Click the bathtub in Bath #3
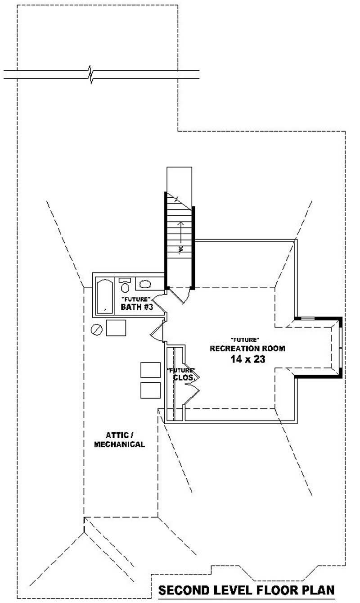click(105, 296)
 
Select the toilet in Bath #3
click(125, 286)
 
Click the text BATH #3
click(138, 307)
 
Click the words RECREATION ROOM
click(247, 349)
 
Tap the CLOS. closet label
click(184, 378)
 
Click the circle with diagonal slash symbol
click(97, 329)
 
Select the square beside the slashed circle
click(116, 328)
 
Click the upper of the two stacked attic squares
click(150, 370)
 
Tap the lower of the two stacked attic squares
click(150, 390)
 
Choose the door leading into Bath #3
click(159, 302)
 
